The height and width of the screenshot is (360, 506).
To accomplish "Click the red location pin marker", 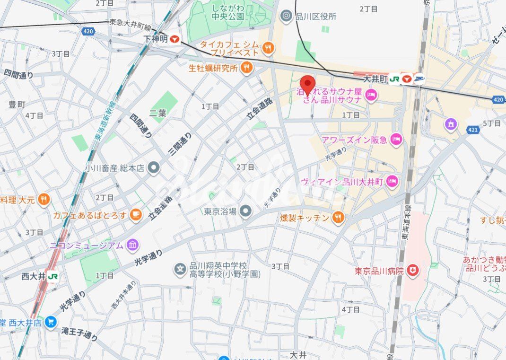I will [308, 85].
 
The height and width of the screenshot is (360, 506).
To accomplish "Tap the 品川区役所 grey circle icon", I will [286, 17].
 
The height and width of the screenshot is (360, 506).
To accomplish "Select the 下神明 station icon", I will [175, 39].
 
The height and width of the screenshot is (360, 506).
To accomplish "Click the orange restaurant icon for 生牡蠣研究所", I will [246, 68].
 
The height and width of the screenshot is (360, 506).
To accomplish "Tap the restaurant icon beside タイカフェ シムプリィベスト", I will [268, 47].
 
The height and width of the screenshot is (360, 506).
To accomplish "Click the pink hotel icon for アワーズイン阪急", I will [396, 139].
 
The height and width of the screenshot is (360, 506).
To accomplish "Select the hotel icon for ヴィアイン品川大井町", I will [392, 181].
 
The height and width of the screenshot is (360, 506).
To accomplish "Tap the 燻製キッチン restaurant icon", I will [338, 218].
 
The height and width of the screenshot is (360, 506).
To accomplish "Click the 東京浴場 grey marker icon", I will [245, 211].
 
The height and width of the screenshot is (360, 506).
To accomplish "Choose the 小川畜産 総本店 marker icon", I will [153, 167].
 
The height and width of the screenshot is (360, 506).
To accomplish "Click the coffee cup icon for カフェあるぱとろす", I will [135, 215].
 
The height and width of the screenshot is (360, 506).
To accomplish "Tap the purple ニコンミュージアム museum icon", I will [133, 245].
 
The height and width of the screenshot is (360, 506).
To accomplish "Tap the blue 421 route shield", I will [472, 129].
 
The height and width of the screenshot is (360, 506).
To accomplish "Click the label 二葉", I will [157, 113].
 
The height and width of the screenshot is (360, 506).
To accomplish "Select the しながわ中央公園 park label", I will [227, 12].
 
